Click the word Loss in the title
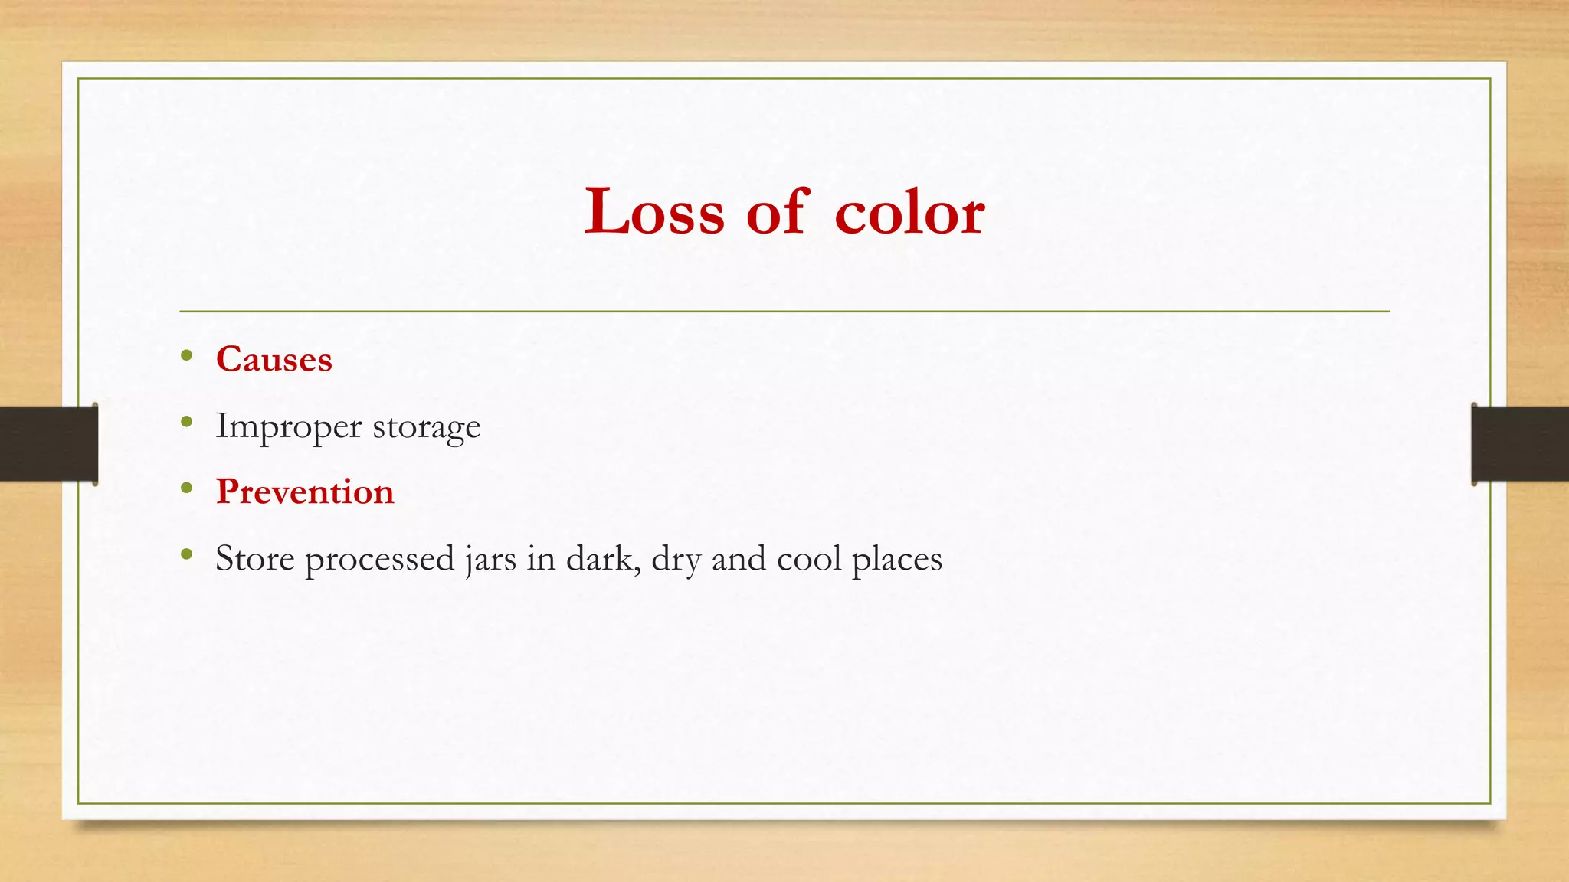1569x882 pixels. [653, 211]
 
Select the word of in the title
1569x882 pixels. [778, 211]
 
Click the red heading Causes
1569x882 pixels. [274, 359]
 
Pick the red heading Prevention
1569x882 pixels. [305, 492]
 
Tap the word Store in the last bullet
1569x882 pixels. [254, 558]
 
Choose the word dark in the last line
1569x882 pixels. [602, 558]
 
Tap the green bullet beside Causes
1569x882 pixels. [187, 354]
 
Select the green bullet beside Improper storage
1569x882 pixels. [187, 421]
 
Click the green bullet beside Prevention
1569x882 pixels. [187, 487]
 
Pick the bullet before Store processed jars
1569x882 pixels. [187, 554]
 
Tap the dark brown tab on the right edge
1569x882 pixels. [1520, 444]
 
